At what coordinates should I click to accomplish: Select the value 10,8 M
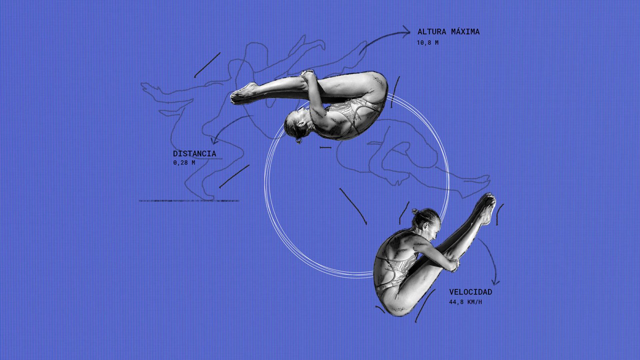(428, 43)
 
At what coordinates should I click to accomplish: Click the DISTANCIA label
(194, 154)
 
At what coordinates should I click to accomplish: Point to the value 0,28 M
(184, 163)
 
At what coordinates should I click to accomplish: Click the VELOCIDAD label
(470, 292)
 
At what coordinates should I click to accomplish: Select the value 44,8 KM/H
(466, 302)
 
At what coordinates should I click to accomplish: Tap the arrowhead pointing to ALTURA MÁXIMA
(407, 32)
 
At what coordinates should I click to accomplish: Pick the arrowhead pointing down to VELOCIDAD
(495, 282)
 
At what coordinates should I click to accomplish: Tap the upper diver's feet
(242, 93)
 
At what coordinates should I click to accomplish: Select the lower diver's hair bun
(416, 212)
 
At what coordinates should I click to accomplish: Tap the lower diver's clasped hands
(454, 264)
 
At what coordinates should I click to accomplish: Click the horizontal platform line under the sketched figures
(188, 201)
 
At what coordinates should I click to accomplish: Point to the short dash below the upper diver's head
(326, 148)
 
